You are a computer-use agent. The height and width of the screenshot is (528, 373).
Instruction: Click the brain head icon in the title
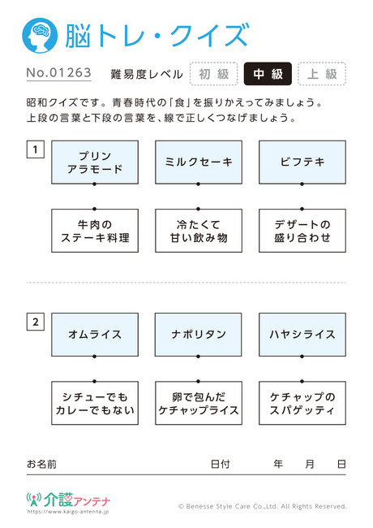pyautogui.click(x=40, y=36)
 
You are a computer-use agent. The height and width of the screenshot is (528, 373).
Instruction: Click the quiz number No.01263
pyautogui.click(x=59, y=73)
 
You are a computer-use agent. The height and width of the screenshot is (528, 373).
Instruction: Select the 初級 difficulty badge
pyautogui.click(x=214, y=74)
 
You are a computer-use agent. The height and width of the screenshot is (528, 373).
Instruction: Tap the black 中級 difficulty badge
pyautogui.click(x=268, y=74)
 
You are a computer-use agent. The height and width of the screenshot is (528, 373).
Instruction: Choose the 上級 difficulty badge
pyautogui.click(x=322, y=74)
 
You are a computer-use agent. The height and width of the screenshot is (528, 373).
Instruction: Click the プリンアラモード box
pyautogui.click(x=95, y=162)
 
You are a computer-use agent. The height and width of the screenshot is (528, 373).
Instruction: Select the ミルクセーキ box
pyautogui.click(x=199, y=162)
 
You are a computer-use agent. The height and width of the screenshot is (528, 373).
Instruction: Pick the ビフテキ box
pyautogui.click(x=302, y=162)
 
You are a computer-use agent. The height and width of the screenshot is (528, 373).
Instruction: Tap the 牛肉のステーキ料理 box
pyautogui.click(x=95, y=231)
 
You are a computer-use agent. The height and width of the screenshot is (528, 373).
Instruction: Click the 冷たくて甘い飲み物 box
pyautogui.click(x=199, y=231)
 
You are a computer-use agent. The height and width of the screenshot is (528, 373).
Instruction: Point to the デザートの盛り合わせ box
pyautogui.click(x=302, y=231)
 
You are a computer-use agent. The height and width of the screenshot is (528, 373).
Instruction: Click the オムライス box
pyautogui.click(x=95, y=335)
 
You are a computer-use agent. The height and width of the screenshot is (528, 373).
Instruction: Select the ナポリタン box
pyautogui.click(x=199, y=335)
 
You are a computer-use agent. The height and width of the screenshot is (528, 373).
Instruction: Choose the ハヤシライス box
pyautogui.click(x=302, y=335)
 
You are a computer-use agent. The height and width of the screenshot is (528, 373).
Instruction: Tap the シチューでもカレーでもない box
pyautogui.click(x=95, y=403)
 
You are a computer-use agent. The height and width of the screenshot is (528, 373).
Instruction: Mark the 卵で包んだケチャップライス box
pyautogui.click(x=199, y=403)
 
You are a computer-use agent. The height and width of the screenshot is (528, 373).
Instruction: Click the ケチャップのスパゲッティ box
pyautogui.click(x=302, y=403)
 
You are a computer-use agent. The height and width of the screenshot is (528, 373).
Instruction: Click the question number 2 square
pyautogui.click(x=36, y=322)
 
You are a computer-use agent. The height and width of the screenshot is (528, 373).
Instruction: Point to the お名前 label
pyautogui.click(x=41, y=465)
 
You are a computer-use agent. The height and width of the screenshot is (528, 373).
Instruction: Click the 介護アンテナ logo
pyautogui.click(x=69, y=500)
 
